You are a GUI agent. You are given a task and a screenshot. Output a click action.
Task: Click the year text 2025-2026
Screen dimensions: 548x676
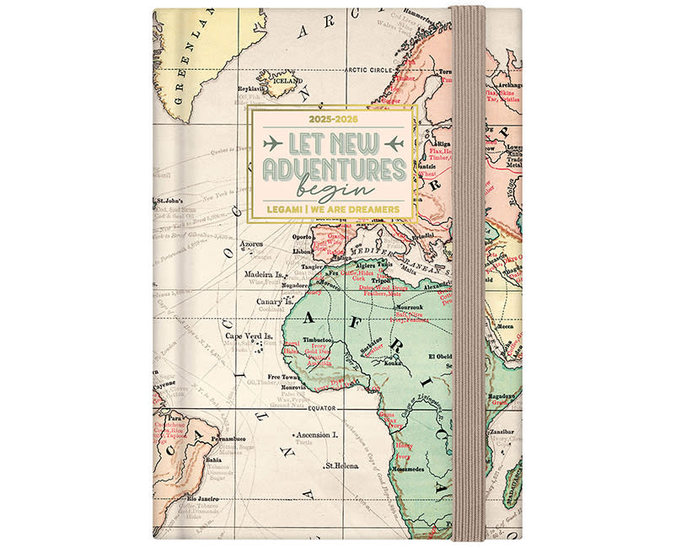coord(332,119)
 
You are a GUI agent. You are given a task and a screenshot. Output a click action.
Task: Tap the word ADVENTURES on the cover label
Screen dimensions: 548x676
coord(332,167)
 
